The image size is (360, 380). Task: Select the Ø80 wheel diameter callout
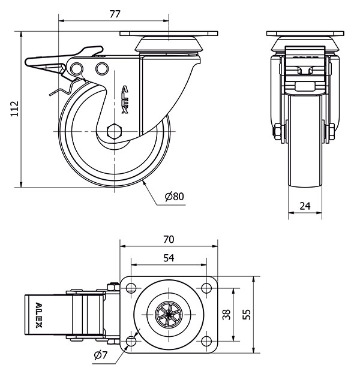coord(173,197)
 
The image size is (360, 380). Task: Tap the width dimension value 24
coord(305,206)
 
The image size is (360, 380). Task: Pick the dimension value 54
coord(169,258)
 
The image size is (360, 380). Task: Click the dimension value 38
coord(226,315)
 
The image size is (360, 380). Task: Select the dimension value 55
coord(247,315)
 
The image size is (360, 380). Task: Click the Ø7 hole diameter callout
coord(100,355)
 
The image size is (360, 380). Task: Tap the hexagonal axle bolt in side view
coord(114,131)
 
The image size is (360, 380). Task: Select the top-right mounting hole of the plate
coord(206,288)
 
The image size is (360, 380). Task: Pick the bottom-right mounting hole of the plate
coord(206,342)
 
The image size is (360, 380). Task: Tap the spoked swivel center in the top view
coord(169,315)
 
